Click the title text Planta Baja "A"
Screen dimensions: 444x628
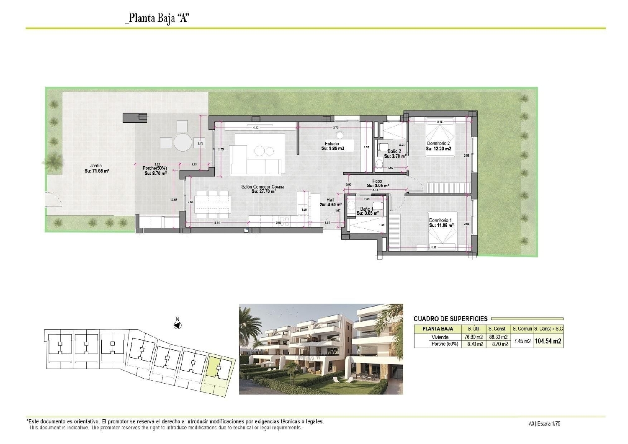pos(157,18)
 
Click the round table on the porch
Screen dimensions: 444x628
pos(183,142)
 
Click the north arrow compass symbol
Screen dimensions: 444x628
pos(178,325)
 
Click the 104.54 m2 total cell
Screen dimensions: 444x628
pos(548,341)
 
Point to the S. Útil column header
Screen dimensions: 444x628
pos(474,329)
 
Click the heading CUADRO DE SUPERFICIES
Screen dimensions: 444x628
pos(450,319)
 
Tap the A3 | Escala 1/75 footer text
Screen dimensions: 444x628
pos(544,423)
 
